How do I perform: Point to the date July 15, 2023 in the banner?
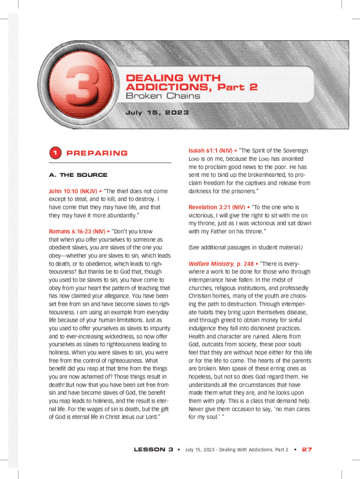[157, 113]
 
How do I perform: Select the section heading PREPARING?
[97, 153]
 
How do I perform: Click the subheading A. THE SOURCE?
[78, 175]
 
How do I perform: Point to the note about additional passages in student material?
[245, 247]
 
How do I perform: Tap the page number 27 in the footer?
[307, 450]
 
